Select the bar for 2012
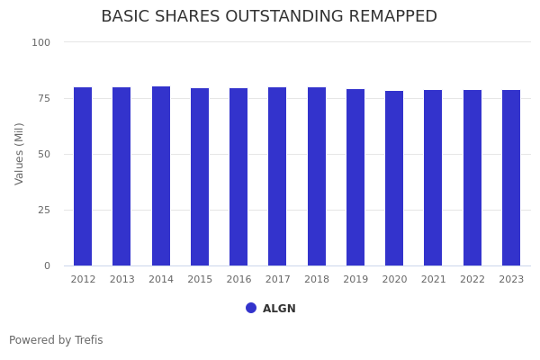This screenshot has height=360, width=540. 83,176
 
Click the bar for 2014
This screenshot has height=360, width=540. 161,176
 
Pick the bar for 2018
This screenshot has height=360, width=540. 317,176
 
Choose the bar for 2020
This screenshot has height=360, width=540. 394,178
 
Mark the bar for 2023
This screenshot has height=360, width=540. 511,177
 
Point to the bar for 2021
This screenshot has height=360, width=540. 433,177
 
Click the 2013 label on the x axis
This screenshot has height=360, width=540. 121,280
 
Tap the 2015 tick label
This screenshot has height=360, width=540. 200,280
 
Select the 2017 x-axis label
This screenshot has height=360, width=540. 277,280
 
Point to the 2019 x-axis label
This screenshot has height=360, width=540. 355,280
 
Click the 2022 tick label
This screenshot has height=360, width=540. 472,280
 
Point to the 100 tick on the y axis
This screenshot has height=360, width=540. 41,42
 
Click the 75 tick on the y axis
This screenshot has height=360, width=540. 44,98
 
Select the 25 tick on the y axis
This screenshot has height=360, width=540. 44,210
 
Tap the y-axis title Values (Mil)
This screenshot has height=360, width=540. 20,153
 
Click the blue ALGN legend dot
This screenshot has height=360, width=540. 251,308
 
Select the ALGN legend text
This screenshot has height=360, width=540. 279,309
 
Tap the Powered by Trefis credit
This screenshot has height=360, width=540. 56,340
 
